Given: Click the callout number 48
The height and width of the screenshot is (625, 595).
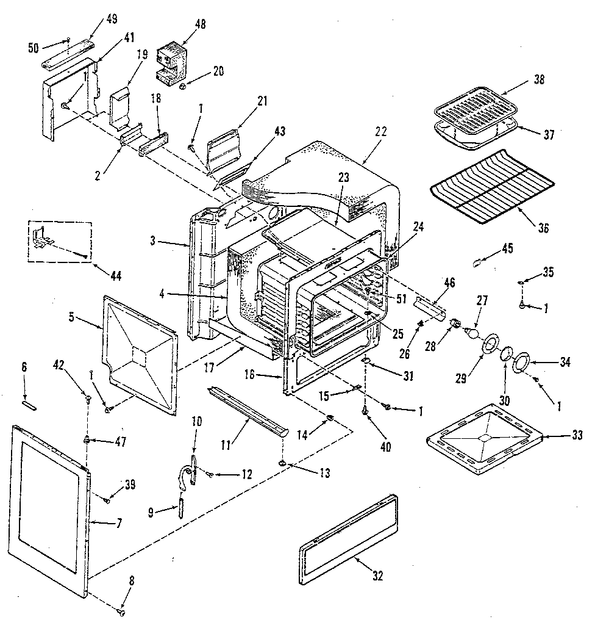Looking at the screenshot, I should (199, 25).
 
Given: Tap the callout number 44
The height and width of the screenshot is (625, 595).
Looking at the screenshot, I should (115, 275).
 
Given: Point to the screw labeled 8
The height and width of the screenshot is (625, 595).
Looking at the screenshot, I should (121, 611).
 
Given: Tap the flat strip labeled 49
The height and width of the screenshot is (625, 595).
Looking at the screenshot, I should (70, 54).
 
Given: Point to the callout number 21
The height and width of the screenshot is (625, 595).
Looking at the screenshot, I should (262, 101).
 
